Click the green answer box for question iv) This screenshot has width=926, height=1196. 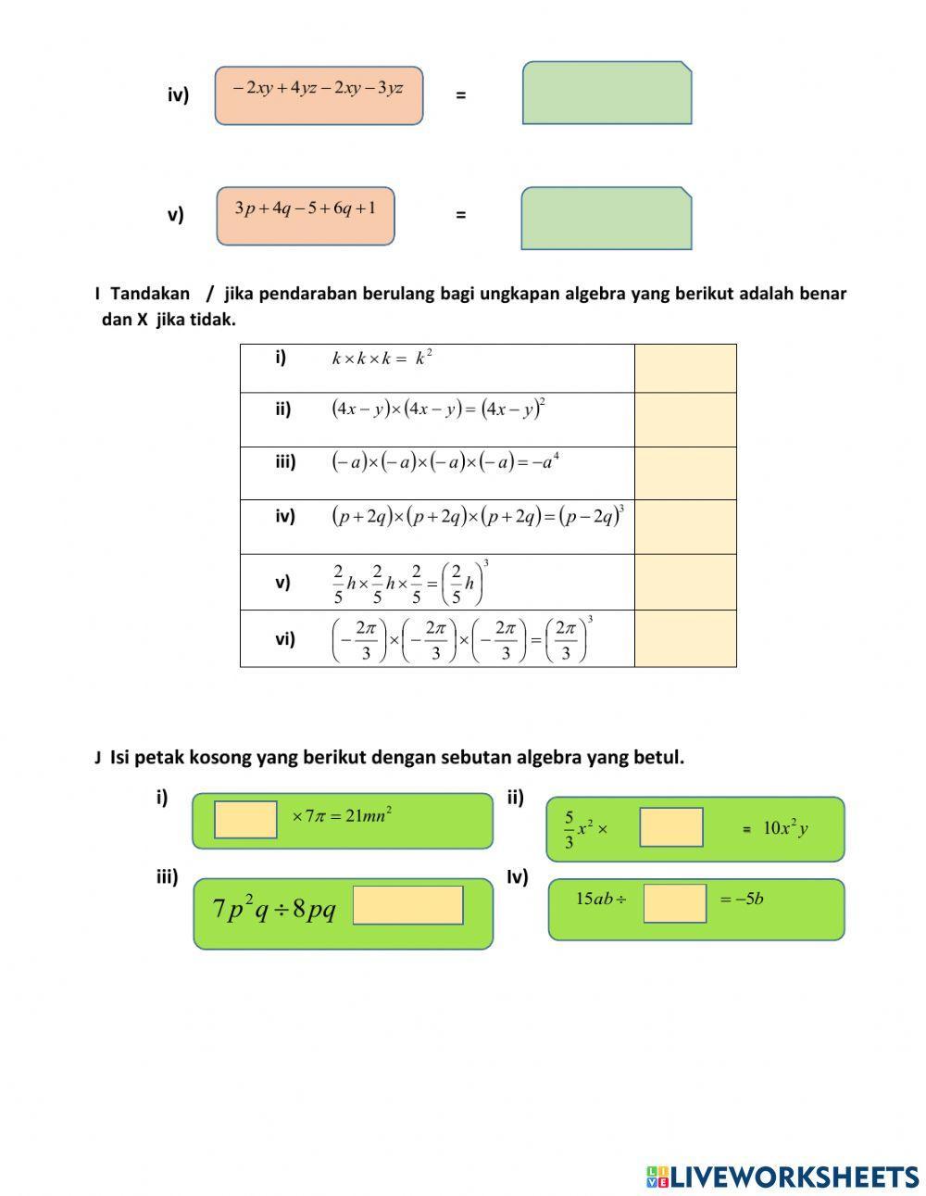point(607,93)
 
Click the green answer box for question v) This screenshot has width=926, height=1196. point(607,219)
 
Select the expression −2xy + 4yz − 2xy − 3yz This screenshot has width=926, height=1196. point(319,89)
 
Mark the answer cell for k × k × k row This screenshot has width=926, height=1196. point(685,368)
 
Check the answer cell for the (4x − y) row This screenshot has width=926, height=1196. point(685,420)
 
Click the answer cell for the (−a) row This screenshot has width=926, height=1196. point(685,473)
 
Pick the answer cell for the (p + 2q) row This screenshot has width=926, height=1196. point(685,527)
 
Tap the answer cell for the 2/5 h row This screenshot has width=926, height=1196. point(685,582)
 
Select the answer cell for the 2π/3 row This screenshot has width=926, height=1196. point(685,638)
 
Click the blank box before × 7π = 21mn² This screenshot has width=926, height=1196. point(245,820)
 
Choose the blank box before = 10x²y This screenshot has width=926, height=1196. point(670,827)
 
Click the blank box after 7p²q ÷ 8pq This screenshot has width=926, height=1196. point(407,905)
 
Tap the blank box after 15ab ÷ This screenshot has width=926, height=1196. point(674,903)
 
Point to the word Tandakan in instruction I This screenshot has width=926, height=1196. point(150,294)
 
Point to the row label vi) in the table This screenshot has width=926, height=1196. point(285,638)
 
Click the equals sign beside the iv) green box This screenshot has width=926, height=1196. point(460,94)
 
